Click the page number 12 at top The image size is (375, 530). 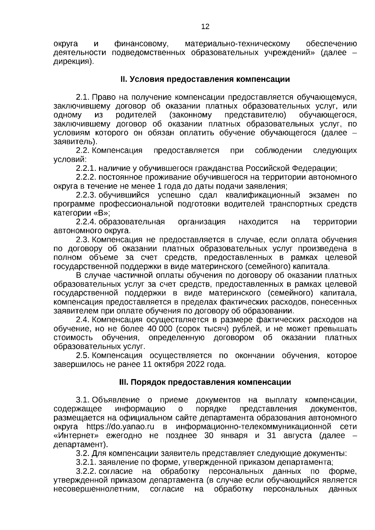click(x=205, y=27)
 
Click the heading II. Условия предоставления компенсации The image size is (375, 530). click(x=205, y=79)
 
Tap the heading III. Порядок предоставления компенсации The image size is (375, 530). click(x=205, y=382)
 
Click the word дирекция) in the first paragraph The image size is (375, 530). click(x=73, y=62)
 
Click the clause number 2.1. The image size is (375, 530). click(x=82, y=97)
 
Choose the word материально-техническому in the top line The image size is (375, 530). click(x=237, y=44)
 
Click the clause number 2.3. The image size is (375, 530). click(x=82, y=240)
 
